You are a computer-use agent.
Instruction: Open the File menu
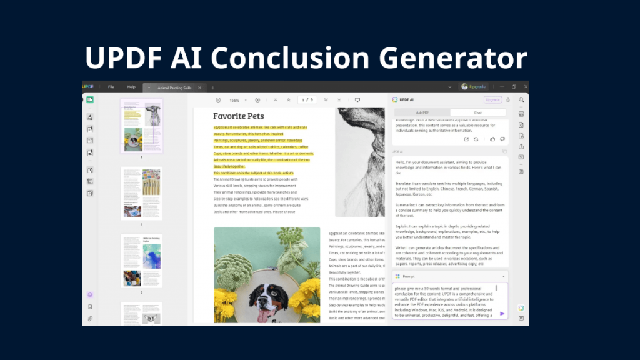[x=111, y=87]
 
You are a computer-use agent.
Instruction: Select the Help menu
[x=131, y=87]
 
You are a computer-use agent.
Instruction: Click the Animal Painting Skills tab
[x=174, y=87]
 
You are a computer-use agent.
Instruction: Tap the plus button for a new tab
[x=212, y=87]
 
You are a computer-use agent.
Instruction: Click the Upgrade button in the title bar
[x=473, y=87]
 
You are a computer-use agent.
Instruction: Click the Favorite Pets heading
[x=238, y=116]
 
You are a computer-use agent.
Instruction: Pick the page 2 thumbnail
[x=141, y=193]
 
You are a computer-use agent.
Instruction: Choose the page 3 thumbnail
[x=141, y=261]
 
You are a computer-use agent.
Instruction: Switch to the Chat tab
[x=477, y=112]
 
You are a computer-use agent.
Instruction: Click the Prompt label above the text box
[x=409, y=276]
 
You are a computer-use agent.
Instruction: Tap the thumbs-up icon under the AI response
[x=492, y=139]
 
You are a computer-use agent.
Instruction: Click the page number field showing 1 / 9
[x=307, y=100]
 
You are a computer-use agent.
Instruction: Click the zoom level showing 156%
[x=234, y=100]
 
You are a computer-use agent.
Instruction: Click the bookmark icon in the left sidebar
[x=90, y=307]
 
